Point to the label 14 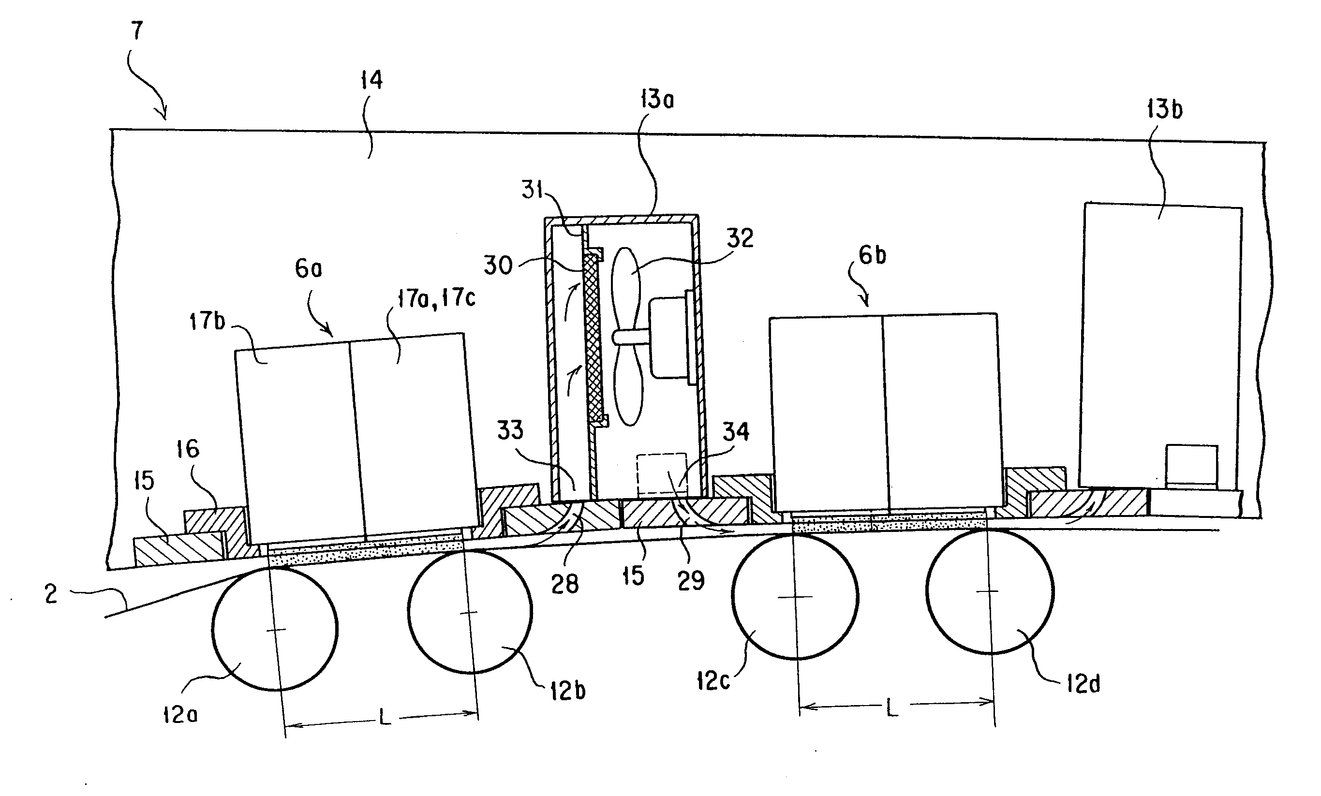click(x=371, y=80)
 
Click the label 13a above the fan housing click(x=657, y=99)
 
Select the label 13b click(x=1165, y=109)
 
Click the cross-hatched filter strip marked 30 click(x=592, y=337)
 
